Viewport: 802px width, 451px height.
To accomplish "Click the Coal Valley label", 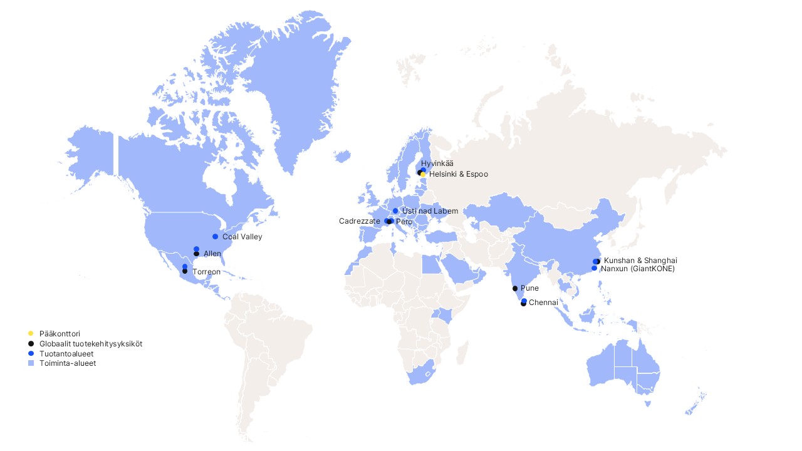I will coord(242,237).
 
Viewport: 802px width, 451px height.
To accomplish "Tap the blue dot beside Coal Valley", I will coord(216,237).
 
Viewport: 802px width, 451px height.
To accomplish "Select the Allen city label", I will coord(212,254).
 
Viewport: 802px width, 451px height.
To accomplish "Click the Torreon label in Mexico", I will coord(206,272).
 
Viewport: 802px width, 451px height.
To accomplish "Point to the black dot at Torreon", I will coord(185,271).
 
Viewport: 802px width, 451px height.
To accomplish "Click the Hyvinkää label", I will coord(437,163).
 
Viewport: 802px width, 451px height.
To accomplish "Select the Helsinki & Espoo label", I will coord(458,174).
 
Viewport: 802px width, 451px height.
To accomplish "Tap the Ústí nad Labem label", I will coord(430,211).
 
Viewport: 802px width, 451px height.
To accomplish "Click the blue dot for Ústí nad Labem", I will coord(395,210).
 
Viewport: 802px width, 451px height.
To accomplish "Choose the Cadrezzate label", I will coord(359,221).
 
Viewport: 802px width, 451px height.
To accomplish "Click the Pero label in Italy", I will coord(404,222).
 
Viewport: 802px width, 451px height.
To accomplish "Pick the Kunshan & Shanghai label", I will coord(640,261).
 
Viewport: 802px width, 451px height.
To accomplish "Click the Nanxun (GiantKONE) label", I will coord(637,269).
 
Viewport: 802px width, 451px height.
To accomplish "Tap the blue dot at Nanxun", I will coord(594,268).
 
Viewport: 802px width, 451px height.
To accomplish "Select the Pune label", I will coord(529,289).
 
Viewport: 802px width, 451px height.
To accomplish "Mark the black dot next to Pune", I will coord(515,289).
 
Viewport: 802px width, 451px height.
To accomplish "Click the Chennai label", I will coord(543,303).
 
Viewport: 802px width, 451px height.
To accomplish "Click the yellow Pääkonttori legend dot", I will coord(31,333).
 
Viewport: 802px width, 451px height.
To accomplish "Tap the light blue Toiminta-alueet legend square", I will coord(31,363).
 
